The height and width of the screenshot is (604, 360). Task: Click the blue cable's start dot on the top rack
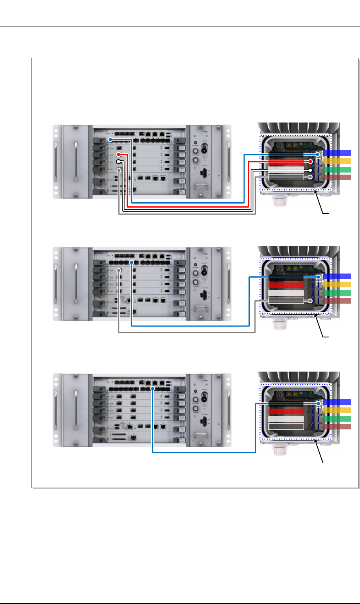pos(110,140)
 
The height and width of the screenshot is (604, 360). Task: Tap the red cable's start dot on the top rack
pos(118,155)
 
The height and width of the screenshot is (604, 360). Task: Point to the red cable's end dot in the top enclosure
pos(310,162)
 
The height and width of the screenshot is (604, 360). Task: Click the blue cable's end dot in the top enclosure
pos(317,155)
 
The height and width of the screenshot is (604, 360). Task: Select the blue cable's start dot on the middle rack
pos(131,263)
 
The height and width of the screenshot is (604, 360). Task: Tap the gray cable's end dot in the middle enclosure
pos(310,301)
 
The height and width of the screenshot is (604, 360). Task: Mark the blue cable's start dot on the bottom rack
pos(152,389)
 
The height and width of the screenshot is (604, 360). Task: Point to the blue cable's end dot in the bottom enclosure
pos(317,403)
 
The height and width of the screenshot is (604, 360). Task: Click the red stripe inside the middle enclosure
pos(286,285)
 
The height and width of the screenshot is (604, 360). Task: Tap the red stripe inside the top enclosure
pos(286,162)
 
